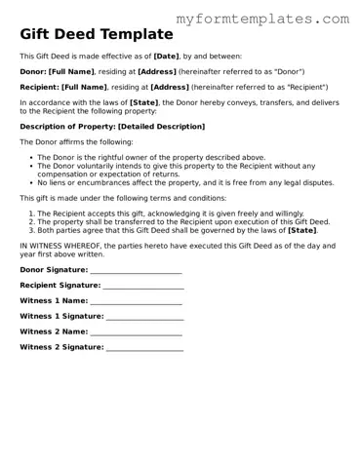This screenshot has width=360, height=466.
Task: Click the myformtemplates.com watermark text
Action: tap(262, 19)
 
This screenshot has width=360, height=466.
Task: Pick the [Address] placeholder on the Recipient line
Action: tap(170, 86)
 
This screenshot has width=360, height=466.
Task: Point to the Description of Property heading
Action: tap(112, 127)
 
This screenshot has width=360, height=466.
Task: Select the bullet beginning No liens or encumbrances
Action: tap(185, 182)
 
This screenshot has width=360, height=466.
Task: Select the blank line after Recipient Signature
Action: tap(142, 285)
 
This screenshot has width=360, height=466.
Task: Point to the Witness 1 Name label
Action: tap(54, 300)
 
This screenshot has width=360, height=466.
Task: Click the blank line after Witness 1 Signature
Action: tap(144, 316)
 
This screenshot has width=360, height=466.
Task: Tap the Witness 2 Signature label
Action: tap(61, 346)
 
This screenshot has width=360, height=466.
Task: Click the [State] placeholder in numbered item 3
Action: tap(302, 230)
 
